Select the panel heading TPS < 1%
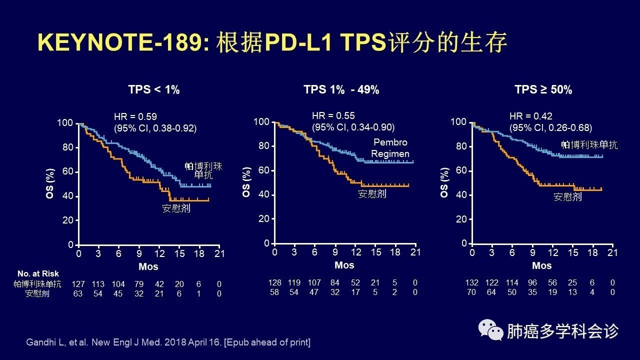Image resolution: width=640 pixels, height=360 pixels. (x=154, y=90)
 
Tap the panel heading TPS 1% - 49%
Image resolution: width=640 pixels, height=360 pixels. (x=341, y=90)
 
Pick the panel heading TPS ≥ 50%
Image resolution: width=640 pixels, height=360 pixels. (x=543, y=90)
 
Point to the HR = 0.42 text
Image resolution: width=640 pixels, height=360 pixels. (x=531, y=116)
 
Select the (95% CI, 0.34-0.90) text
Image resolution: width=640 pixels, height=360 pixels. (x=353, y=127)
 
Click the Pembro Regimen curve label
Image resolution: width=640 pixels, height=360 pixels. (x=390, y=148)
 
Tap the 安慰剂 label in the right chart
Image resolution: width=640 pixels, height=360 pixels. (x=567, y=196)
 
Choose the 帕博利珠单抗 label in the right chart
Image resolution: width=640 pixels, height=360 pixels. (x=589, y=145)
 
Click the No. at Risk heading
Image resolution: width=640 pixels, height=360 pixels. (x=38, y=273)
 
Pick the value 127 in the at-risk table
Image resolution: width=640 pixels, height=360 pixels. (x=78, y=284)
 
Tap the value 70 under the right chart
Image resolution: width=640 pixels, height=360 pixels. (x=471, y=292)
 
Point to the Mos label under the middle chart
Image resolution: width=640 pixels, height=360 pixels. (x=344, y=265)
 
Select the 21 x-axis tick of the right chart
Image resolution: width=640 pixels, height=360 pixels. (x=612, y=253)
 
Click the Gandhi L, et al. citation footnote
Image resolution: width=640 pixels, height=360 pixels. (x=168, y=342)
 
